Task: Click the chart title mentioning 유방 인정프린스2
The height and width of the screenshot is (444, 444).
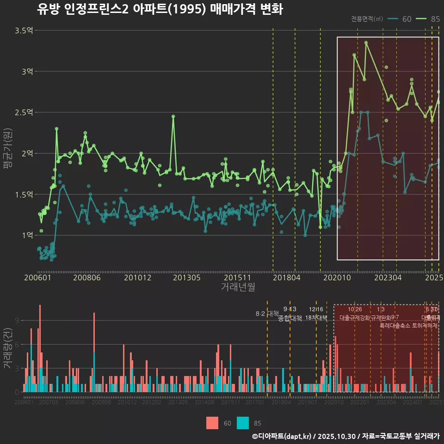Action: pos(160,9)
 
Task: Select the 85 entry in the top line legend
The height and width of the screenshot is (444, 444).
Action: pos(435,19)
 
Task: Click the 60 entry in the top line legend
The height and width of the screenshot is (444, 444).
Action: pos(407,19)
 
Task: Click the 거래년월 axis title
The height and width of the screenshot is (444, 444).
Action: pos(238,287)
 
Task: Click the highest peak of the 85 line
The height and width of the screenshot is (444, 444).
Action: pos(366,43)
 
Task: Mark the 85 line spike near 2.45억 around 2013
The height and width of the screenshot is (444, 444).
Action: pos(173,117)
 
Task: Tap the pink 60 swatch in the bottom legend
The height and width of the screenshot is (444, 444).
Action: pos(212,423)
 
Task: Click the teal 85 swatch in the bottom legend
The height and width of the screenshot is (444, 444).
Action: pos(242,423)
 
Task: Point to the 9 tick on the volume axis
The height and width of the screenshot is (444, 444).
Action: pos(17,321)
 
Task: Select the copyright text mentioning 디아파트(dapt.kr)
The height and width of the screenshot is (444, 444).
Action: pos(345,436)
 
